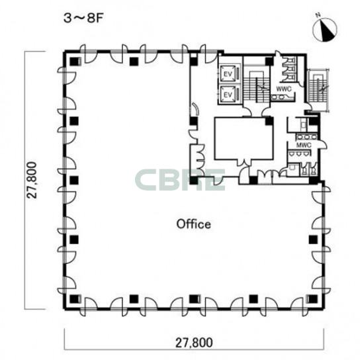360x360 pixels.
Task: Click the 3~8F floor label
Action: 83,19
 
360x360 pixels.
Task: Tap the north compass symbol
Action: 325,30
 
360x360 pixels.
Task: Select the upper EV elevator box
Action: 228,74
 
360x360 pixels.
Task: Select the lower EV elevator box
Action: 228,95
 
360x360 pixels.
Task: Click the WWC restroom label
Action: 284,89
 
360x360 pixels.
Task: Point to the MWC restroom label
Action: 304,145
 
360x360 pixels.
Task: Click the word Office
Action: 193,224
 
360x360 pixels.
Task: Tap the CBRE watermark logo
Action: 180,180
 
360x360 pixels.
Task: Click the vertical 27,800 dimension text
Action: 32,180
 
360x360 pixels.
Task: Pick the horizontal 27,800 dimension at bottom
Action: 194,343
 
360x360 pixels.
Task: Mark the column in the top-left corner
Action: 74,62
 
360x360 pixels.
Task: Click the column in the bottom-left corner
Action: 74,299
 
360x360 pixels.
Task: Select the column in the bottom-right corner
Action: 313,299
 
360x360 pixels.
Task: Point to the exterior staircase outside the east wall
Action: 318,90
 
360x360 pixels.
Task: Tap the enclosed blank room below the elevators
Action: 244,138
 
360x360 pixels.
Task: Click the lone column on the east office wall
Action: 313,240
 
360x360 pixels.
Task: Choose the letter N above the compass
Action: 318,15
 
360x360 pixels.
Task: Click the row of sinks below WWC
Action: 282,97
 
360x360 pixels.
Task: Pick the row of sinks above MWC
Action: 307,137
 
